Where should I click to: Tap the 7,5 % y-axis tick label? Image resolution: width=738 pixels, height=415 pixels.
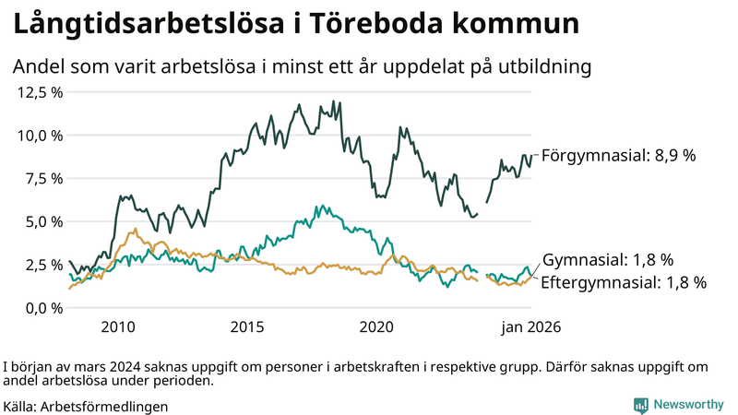point(45,178)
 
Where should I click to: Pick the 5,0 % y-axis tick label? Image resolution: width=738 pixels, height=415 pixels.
point(45,221)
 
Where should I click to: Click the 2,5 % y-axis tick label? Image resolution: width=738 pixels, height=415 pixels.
point(45,265)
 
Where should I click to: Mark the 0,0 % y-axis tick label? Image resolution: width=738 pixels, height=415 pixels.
point(45,307)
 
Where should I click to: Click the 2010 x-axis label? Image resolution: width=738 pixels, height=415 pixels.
point(118,327)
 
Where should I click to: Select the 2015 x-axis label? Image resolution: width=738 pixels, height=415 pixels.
point(247,327)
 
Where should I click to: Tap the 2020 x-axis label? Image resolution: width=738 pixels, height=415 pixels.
point(377,327)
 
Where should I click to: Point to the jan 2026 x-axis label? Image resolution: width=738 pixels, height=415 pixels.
point(531,327)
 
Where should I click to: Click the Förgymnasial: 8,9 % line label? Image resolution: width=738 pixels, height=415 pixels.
point(617,156)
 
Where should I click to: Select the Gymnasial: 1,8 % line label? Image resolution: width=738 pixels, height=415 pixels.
point(608,260)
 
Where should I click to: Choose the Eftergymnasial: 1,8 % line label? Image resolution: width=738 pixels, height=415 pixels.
point(623,282)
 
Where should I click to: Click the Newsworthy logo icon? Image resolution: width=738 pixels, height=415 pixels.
point(640,405)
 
